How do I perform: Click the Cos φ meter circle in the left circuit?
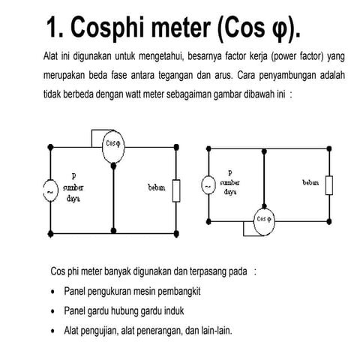tap(112, 141)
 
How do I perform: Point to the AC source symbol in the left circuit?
tap(50, 191)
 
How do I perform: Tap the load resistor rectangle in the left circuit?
tap(176, 190)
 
